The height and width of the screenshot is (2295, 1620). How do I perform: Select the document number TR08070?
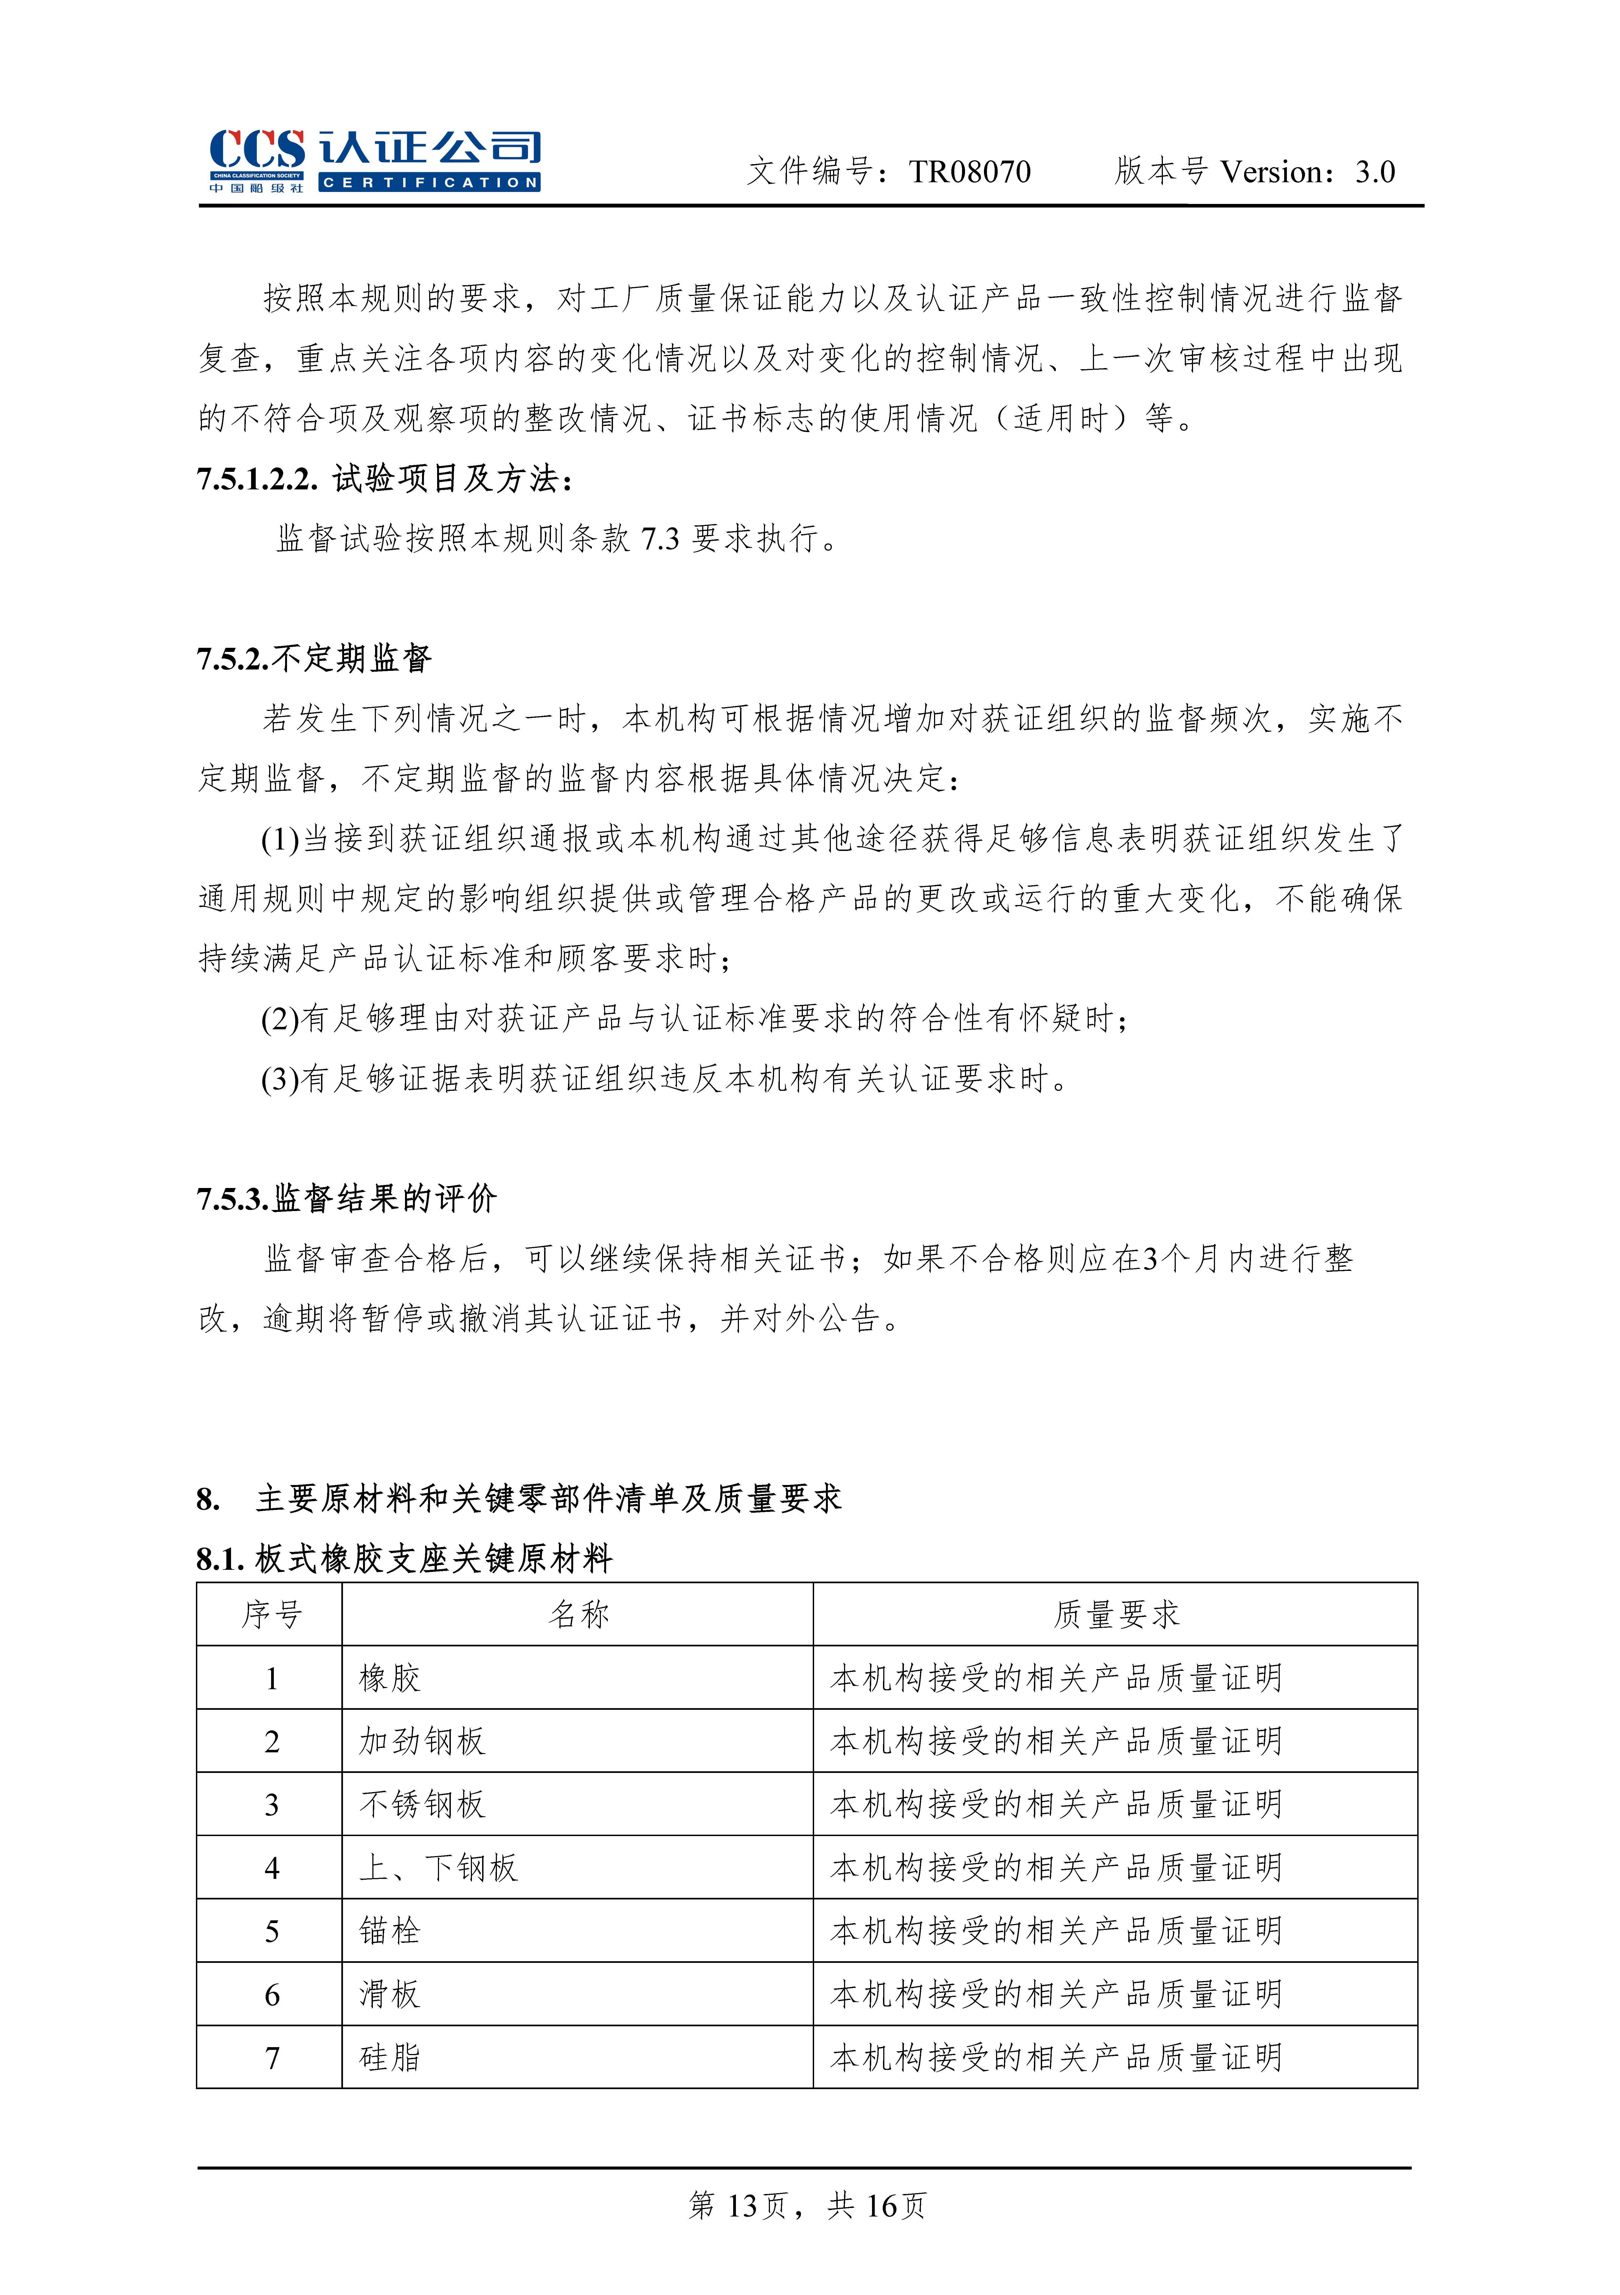969,172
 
